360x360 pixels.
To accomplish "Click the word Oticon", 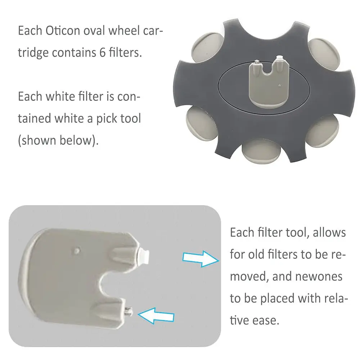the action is [63, 31].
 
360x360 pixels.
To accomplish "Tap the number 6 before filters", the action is [102, 52].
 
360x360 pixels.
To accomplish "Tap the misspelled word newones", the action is [319, 276].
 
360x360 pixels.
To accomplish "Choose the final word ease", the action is [266, 320].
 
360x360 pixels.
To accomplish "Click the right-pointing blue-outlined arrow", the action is [201, 259].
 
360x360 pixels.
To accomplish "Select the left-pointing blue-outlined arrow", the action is [156, 316].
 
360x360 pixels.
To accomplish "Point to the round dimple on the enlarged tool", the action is [77, 250].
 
